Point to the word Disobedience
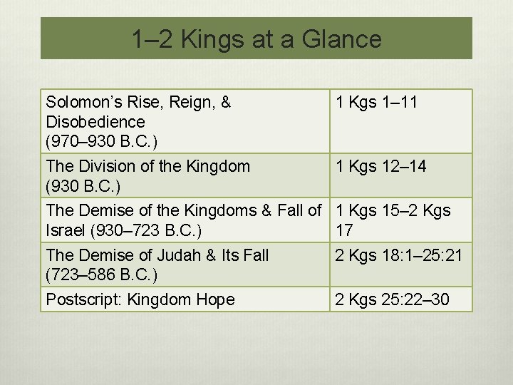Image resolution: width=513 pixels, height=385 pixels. click(x=95, y=122)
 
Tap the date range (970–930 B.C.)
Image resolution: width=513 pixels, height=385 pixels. click(x=101, y=141)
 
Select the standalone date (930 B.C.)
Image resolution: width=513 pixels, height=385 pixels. click(x=83, y=186)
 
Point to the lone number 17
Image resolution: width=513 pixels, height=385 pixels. click(x=344, y=230)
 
